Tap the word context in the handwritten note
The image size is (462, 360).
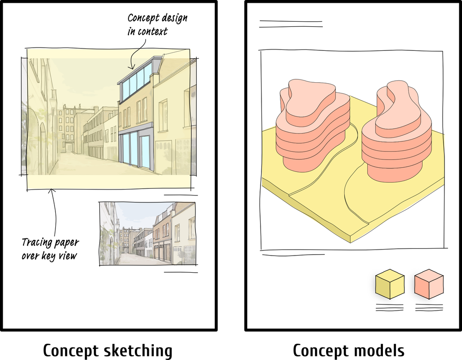pyautogui.click(x=152, y=32)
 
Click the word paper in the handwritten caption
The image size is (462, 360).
pyautogui.click(x=67, y=243)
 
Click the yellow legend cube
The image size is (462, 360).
pyautogui.click(x=389, y=284)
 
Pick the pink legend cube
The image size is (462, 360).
pyautogui.click(x=429, y=284)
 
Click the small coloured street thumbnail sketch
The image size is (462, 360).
pyautogui.click(x=147, y=233)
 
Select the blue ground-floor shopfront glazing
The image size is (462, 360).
pyautogui.click(x=135, y=148)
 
